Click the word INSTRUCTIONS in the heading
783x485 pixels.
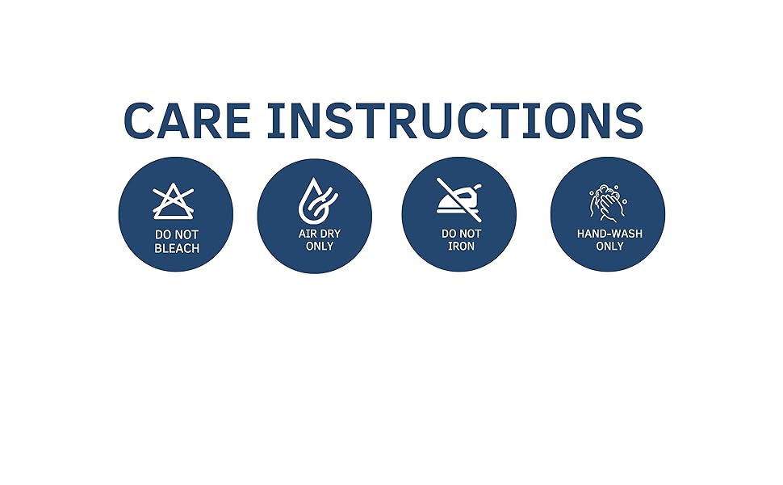[x=454, y=120]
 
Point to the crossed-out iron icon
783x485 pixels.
[x=458, y=200]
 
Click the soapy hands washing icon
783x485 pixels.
[x=607, y=203]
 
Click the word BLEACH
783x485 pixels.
[x=177, y=248]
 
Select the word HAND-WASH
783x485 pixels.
[x=609, y=234]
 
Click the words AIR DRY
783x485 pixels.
[x=320, y=234]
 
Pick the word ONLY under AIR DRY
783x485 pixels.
[x=320, y=246]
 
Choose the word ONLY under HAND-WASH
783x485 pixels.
[x=609, y=246]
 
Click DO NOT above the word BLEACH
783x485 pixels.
[x=177, y=234]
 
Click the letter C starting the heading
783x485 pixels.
[x=139, y=120]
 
